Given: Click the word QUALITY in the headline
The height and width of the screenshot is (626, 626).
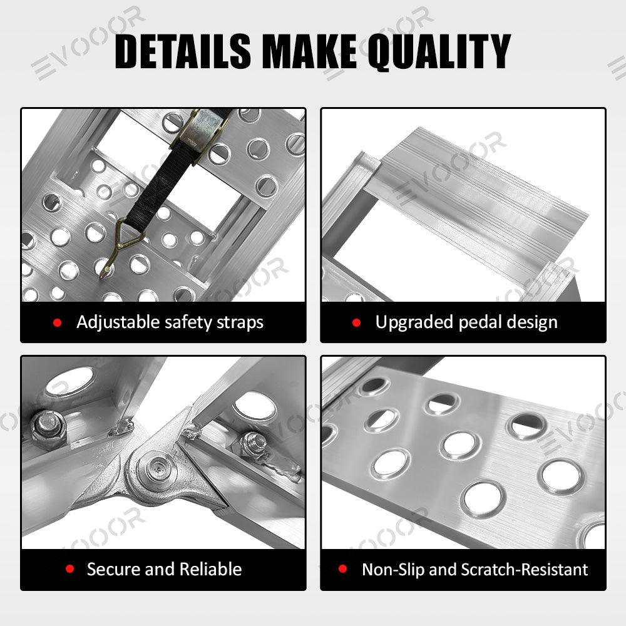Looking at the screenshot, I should pyautogui.click(x=439, y=51).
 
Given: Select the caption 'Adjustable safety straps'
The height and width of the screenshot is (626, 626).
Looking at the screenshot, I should pyautogui.click(x=170, y=322).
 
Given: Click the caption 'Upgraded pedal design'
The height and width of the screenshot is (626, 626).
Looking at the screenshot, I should pyautogui.click(x=466, y=322).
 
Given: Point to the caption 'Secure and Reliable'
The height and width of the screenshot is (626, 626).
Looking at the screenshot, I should pyautogui.click(x=164, y=569).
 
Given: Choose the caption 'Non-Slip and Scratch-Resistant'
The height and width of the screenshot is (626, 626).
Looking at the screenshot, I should pyautogui.click(x=475, y=570).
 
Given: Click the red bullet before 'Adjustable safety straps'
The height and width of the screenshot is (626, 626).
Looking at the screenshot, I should pyautogui.click(x=58, y=323).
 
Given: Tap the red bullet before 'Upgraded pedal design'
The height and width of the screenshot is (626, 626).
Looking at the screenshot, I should pyautogui.click(x=357, y=323).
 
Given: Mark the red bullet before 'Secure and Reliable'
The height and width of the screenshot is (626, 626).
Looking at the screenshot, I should pyautogui.click(x=70, y=569).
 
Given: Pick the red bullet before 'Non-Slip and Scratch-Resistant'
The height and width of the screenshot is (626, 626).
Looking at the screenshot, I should pyautogui.click(x=342, y=570).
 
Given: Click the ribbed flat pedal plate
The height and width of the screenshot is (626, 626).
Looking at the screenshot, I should pyautogui.click(x=482, y=194).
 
